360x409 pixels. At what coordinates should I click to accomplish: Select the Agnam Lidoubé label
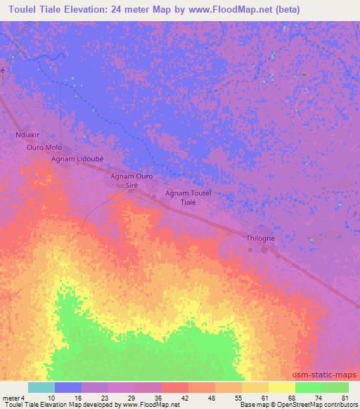click(x=77, y=160)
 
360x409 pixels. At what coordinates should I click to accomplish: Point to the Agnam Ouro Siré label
click(x=131, y=182)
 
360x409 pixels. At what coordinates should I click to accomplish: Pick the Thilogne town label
click(x=261, y=239)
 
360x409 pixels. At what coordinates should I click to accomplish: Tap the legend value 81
click(x=345, y=398)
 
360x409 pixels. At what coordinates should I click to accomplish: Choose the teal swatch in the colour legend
click(x=41, y=387)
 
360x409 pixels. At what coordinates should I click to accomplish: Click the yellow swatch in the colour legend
click(x=281, y=387)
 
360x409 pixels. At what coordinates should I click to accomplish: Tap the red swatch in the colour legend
click(x=175, y=387)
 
